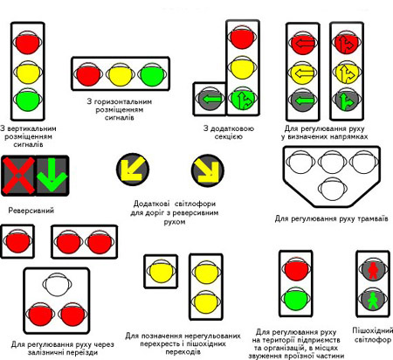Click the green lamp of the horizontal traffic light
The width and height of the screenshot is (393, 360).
[152, 74]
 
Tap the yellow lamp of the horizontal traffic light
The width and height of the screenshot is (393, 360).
[120, 74]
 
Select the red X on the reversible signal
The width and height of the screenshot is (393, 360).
[18, 176]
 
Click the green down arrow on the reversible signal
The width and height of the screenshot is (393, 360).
[52, 175]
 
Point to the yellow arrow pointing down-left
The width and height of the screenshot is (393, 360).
[133, 170]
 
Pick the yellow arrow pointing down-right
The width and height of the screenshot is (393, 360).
[208, 170]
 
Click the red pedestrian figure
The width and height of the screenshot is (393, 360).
[372, 271]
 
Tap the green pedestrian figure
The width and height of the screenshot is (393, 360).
[372, 301]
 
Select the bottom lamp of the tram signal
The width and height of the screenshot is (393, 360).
[332, 189]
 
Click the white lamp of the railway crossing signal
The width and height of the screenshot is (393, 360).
[57, 284]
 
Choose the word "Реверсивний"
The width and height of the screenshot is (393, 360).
[31, 211]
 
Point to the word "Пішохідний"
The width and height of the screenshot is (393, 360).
[372, 331]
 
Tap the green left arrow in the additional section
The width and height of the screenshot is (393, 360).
[210, 100]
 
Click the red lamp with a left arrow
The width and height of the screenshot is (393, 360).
[303, 43]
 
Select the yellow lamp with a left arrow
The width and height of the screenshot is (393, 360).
[303, 73]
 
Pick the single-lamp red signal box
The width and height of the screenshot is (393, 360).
[17, 241]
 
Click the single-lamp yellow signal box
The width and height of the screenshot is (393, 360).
[161, 272]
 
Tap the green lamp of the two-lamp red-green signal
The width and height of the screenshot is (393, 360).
[296, 299]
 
